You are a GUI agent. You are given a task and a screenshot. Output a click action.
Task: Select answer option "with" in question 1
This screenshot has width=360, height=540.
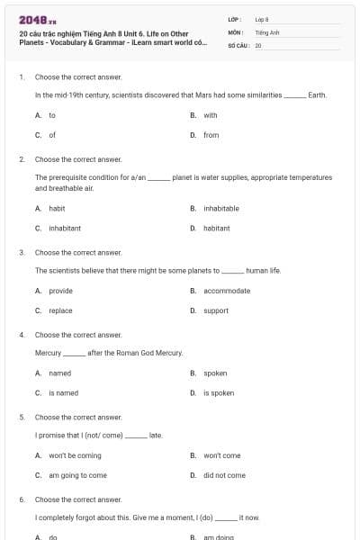(210, 115)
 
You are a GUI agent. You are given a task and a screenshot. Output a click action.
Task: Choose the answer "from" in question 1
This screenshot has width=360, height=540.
(211, 135)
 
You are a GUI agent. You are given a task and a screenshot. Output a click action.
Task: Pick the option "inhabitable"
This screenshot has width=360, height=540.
(220, 208)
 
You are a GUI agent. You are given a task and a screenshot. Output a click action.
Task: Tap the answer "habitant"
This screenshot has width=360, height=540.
(216, 228)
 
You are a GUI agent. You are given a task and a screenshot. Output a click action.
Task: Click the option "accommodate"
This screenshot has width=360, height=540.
(227, 291)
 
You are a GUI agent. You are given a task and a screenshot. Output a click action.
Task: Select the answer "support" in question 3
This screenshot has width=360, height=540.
(216, 310)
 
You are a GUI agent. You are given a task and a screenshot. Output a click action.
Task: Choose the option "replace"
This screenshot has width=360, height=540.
(60, 310)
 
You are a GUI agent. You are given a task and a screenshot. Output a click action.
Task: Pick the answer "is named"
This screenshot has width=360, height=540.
(63, 392)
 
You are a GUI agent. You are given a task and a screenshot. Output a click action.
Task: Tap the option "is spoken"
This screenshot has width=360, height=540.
(219, 392)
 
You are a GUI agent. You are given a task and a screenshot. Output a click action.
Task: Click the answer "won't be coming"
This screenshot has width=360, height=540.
(75, 455)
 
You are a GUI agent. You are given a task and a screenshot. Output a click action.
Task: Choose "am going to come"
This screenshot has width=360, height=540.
(77, 475)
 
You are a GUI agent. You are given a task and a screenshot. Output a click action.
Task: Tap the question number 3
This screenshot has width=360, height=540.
(21, 253)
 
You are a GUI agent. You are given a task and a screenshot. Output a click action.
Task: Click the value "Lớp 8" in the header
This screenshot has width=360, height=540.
(262, 18)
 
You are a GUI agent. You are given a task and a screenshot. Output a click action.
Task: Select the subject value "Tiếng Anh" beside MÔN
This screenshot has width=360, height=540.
(267, 31)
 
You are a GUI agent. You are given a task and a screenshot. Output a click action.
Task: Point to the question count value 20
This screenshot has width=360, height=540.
(258, 45)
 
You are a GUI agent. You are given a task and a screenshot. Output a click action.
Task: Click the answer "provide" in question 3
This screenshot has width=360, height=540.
(60, 291)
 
